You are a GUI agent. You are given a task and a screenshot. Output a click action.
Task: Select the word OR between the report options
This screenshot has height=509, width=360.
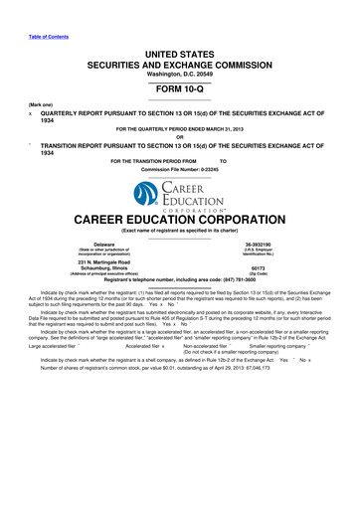pos(180,137)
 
